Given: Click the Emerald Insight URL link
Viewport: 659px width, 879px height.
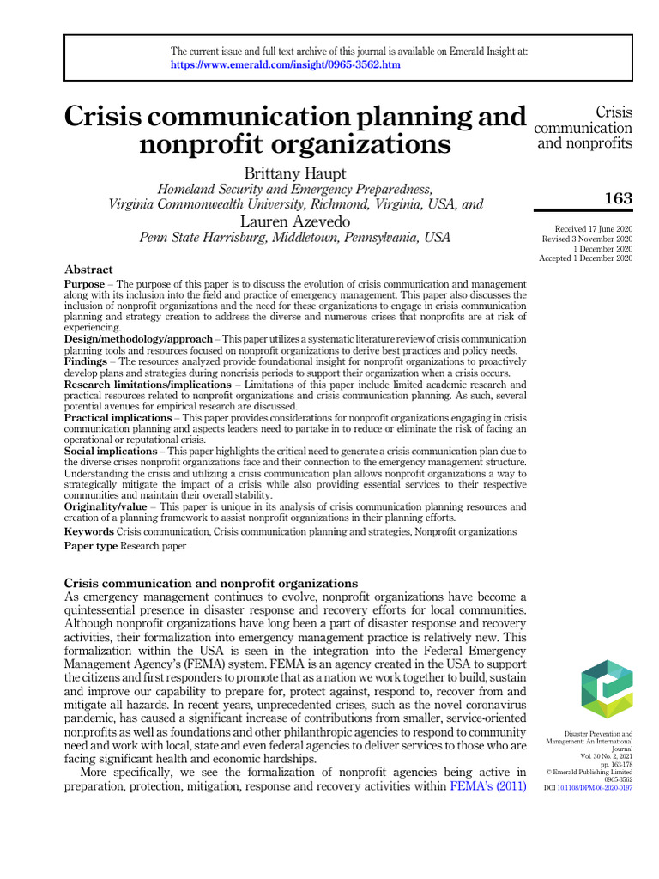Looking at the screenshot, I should pos(285,64).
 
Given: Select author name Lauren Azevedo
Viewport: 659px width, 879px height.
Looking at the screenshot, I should pos(295,221).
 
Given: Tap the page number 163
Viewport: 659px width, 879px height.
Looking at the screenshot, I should pos(618,199).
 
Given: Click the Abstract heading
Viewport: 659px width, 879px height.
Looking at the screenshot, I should pos(88,269).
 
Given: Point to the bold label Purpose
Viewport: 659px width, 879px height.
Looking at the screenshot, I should pos(84,283).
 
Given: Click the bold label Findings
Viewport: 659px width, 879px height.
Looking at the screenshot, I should pos(86,361).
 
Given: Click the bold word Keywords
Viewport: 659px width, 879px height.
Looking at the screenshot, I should pos(89,532).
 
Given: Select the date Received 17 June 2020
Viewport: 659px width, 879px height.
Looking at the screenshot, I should pos(594,230).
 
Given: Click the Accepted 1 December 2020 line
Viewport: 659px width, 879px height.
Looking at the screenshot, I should pos(586,258).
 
